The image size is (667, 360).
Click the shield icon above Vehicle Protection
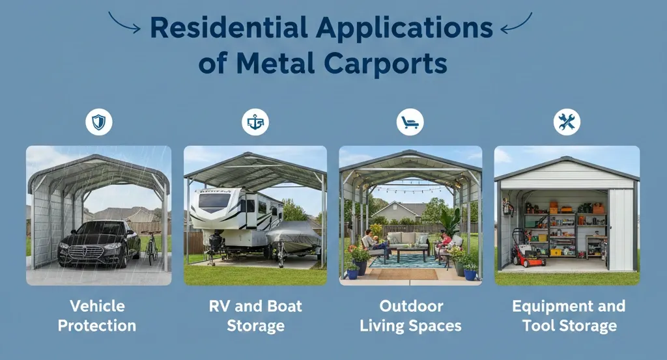(x=98, y=122)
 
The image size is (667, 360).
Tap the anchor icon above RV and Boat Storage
(x=255, y=122)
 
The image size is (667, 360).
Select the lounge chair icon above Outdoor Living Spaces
(x=410, y=122)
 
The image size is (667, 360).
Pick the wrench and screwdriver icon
(x=566, y=122)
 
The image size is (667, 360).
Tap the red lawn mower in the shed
(x=528, y=251)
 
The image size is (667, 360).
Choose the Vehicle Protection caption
(x=98, y=316)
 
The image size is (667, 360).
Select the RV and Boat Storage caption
(x=255, y=316)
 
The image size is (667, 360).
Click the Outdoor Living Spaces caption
(x=410, y=316)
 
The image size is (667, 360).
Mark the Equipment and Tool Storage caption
(x=568, y=316)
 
